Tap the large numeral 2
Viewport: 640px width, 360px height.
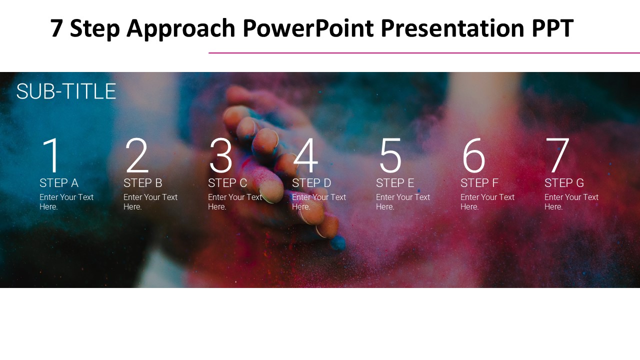click(137, 155)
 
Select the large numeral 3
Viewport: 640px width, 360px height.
click(221, 155)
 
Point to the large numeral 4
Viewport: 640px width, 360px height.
click(305, 155)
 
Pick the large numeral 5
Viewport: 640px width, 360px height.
click(390, 155)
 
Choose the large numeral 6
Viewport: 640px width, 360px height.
click(473, 155)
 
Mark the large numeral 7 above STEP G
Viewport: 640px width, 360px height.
click(557, 155)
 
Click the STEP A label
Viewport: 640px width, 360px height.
click(59, 183)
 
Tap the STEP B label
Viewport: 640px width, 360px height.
click(143, 183)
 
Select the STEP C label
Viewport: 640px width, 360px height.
click(227, 183)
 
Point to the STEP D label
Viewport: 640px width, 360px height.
click(311, 183)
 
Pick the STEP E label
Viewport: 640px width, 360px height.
click(395, 183)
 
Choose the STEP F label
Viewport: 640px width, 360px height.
click(479, 183)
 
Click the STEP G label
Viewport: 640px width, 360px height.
click(564, 183)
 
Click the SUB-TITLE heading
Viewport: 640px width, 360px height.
click(66, 91)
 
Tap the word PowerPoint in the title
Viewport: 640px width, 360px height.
click(308, 28)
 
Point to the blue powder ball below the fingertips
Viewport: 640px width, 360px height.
click(337, 243)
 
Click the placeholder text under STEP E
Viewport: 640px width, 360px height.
click(403, 201)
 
